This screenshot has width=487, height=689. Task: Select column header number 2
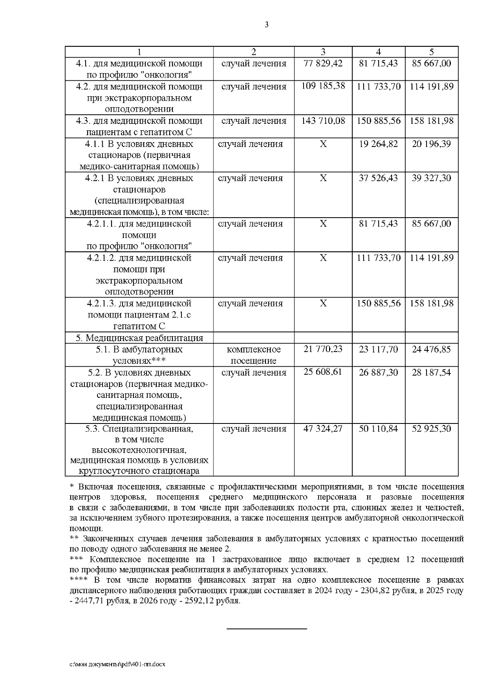pyautogui.click(x=254, y=52)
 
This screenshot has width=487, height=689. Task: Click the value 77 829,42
pyautogui.click(x=323, y=63)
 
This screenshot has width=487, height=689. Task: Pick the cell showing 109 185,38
pyautogui.click(x=323, y=86)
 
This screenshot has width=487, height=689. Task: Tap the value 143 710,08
pyautogui.click(x=323, y=121)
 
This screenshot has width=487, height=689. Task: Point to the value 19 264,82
pyautogui.click(x=378, y=144)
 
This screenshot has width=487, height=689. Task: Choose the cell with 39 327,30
pyautogui.click(x=431, y=178)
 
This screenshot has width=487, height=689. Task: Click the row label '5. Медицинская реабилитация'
pyautogui.click(x=139, y=338)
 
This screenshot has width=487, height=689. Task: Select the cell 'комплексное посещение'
pyautogui.click(x=254, y=355)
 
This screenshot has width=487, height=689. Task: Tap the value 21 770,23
pyautogui.click(x=323, y=349)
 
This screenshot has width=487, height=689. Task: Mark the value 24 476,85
pyautogui.click(x=431, y=349)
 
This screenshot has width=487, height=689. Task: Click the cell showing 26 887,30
pyautogui.click(x=378, y=372)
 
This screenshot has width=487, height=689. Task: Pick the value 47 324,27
pyautogui.click(x=323, y=429)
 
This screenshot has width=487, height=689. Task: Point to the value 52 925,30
pyautogui.click(x=431, y=429)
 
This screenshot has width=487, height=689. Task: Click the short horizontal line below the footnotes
pyautogui.click(x=266, y=629)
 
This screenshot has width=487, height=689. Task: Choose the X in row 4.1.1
pyautogui.click(x=323, y=144)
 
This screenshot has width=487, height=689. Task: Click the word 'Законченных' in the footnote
pyautogui.click(x=105, y=539)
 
